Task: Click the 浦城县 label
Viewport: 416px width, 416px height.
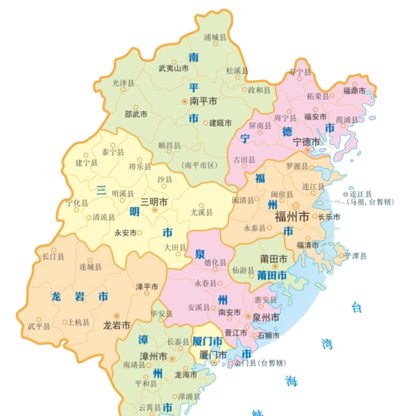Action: tap(215, 37)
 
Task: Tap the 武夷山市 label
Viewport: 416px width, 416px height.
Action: tap(175, 69)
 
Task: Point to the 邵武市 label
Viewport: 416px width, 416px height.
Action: tap(136, 114)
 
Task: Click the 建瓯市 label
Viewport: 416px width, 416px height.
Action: tap(220, 121)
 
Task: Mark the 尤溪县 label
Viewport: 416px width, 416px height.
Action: tap(202, 213)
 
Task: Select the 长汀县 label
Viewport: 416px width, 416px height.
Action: tap(51, 257)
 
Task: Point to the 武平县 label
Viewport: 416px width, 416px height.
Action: tap(39, 326)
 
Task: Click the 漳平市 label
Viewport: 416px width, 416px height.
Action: tap(146, 287)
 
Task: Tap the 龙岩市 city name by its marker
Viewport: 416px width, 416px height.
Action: tap(116, 326)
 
